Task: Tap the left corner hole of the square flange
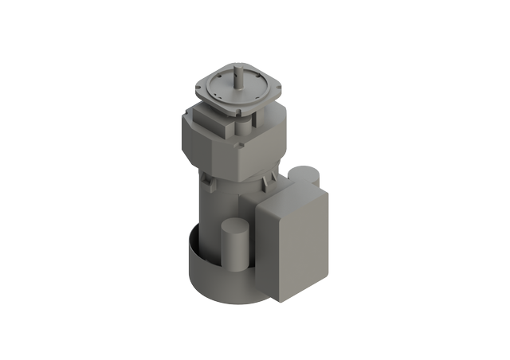(x=205, y=83)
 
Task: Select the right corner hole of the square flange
(x=273, y=85)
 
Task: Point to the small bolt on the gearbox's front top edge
(x=238, y=146)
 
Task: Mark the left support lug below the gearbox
(x=209, y=182)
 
